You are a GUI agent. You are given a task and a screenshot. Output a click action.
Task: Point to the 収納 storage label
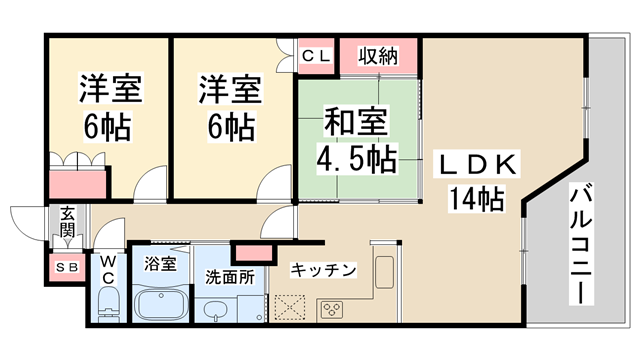click(x=380, y=56)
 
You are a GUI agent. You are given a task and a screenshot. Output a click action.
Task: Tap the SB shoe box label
click(x=67, y=267)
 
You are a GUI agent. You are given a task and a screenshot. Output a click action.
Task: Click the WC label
click(x=108, y=269)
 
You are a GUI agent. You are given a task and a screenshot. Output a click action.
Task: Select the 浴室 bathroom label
click(x=161, y=265)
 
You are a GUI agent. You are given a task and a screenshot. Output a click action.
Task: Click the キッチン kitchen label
click(x=323, y=270)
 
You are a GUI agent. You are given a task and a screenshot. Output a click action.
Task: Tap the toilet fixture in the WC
click(x=109, y=305)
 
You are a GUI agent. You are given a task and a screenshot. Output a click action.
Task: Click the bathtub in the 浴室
click(x=163, y=304)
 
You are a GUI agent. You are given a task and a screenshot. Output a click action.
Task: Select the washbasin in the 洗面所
click(x=215, y=311)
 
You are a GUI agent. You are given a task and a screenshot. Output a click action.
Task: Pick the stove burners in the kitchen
click(x=332, y=309)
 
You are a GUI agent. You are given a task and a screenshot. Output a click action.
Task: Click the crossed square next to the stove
click(x=292, y=309)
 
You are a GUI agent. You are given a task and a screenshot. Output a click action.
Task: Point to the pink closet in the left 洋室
click(x=79, y=184)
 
